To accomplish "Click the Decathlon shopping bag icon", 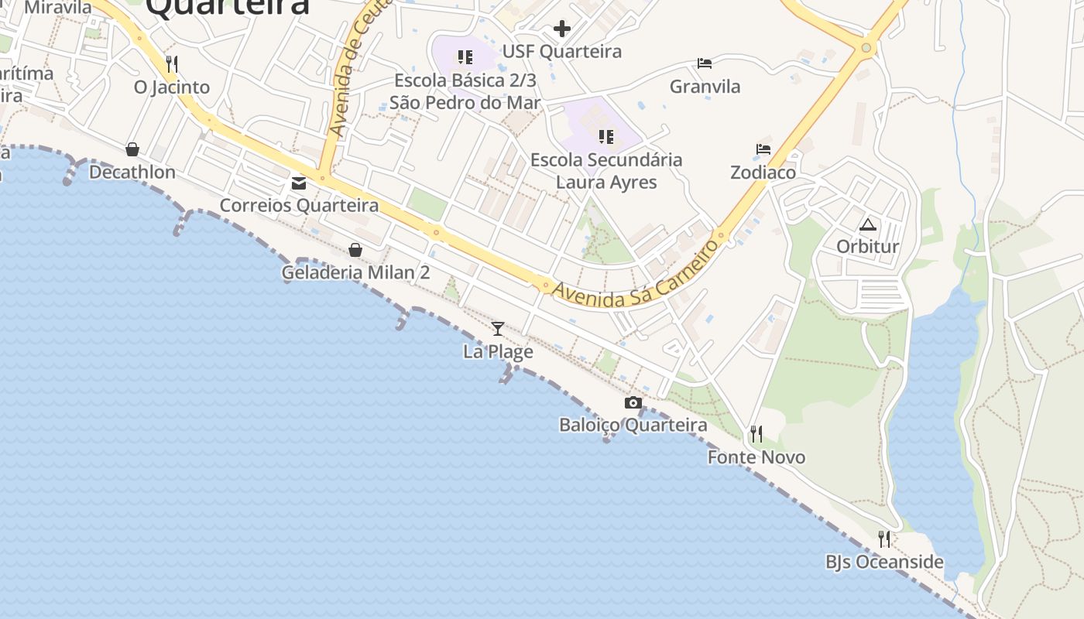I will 132,149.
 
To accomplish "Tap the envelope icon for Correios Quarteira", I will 299,183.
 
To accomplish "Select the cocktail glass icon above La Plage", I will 498,329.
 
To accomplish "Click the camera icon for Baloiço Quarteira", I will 633,402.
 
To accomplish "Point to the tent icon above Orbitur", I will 868,224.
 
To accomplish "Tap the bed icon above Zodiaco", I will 763,149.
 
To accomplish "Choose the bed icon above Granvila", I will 705,63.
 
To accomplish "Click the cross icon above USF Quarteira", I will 562,29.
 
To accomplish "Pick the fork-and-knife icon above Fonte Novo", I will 756,434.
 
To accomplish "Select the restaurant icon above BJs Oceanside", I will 884,539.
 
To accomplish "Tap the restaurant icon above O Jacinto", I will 172,63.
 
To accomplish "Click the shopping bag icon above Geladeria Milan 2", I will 355,250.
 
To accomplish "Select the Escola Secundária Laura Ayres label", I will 606,171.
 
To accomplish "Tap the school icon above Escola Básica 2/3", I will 465,57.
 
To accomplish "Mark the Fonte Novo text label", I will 756,457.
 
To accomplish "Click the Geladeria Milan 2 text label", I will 355,272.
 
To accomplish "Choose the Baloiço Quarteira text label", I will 633,426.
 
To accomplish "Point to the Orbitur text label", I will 868,247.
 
